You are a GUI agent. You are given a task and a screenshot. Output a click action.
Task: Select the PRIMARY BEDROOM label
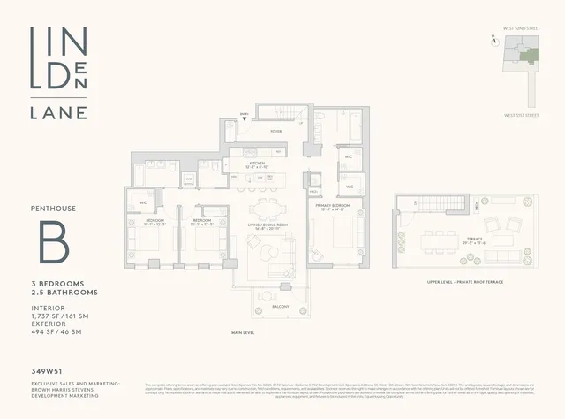[334, 207]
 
